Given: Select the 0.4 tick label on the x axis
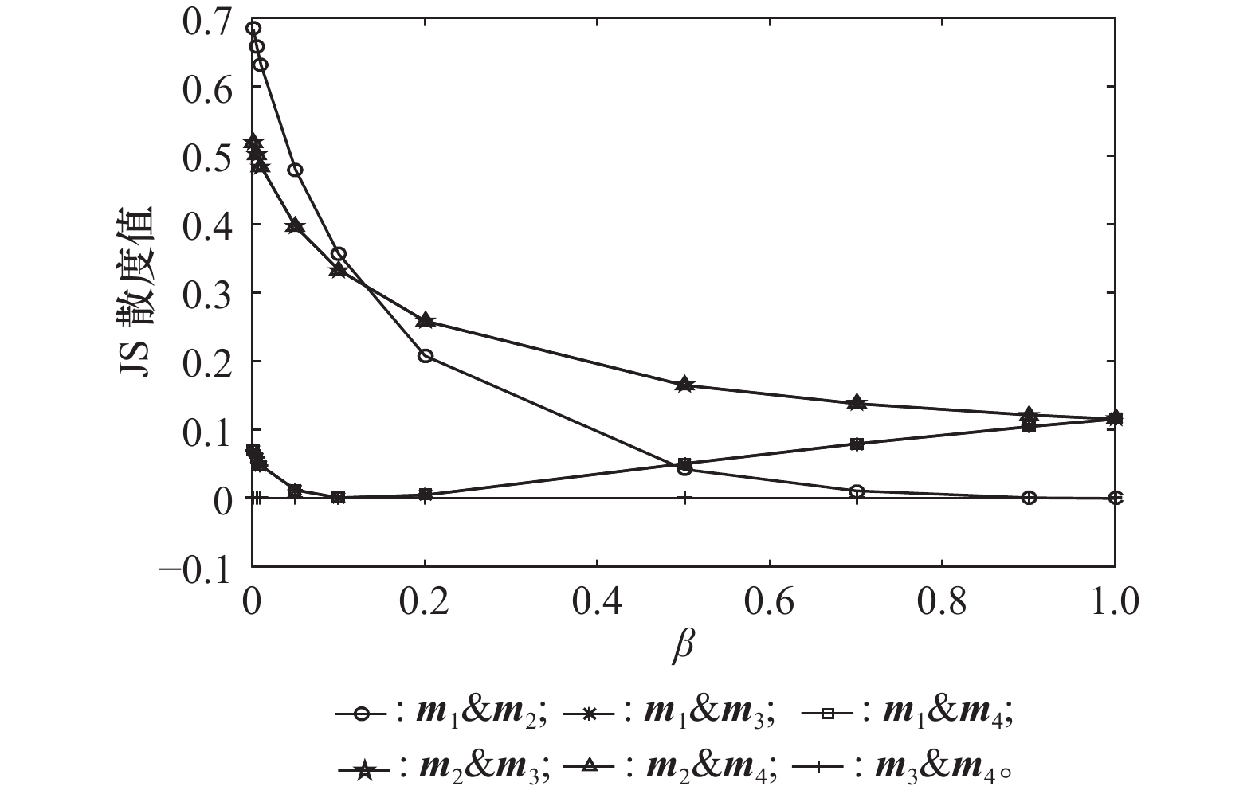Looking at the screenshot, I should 597,604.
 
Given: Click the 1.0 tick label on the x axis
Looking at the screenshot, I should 1114,604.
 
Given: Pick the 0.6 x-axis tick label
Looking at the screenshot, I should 770,604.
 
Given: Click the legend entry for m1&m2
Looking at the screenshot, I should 441,714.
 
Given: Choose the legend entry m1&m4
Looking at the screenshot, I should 907,714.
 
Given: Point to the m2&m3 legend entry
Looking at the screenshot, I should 443,768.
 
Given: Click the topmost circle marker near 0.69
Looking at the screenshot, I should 253,29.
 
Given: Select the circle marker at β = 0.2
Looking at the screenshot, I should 425,356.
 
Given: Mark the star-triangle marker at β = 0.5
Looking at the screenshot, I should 684,385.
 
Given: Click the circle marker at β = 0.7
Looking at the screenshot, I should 857,491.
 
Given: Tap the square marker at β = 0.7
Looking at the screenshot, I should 857,444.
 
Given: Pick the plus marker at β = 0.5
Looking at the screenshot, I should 684,498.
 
